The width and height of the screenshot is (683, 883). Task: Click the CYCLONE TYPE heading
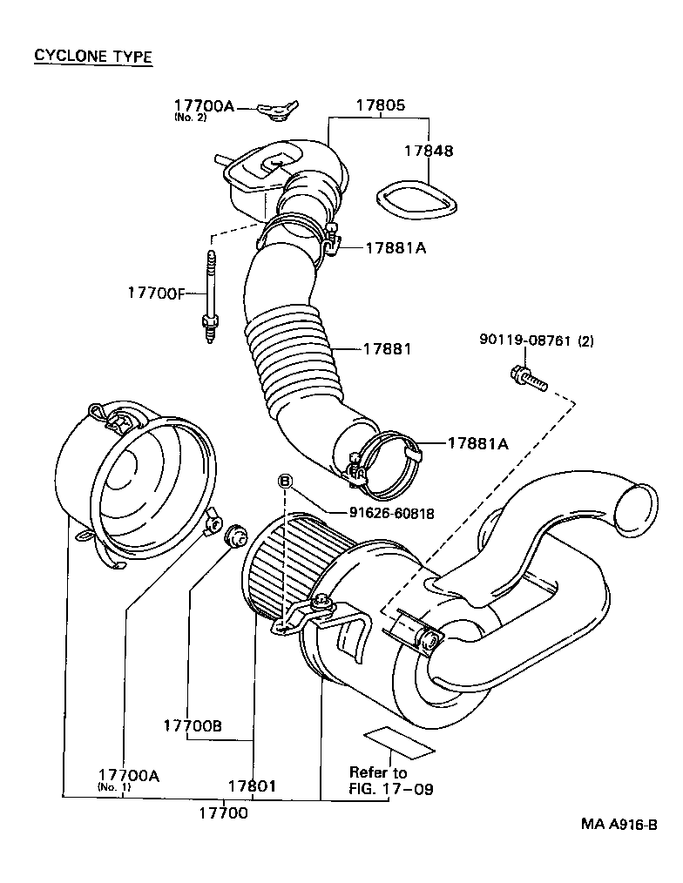point(93,57)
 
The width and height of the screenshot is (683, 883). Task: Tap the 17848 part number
point(428,151)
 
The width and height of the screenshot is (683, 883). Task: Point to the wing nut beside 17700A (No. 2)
point(276,110)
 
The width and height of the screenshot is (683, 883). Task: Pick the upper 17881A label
point(395,248)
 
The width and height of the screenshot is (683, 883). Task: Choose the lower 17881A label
point(477,443)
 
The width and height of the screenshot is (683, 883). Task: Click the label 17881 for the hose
point(387,348)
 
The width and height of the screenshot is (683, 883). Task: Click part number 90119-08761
point(524,341)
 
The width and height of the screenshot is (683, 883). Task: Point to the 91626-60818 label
point(392,514)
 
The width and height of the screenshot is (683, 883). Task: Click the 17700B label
point(192,725)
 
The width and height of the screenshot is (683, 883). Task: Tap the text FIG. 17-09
point(391,790)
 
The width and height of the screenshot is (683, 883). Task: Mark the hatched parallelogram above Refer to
point(398,741)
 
